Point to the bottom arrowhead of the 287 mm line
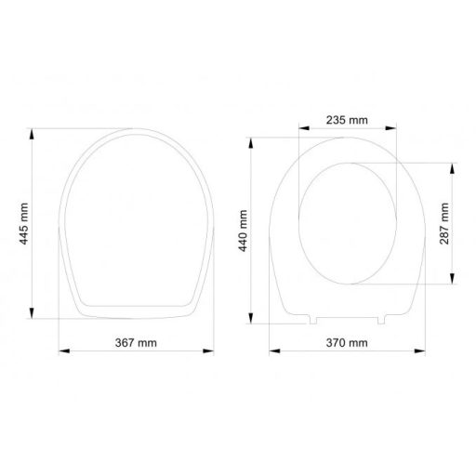click(453, 284)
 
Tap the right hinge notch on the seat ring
click(382, 322)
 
